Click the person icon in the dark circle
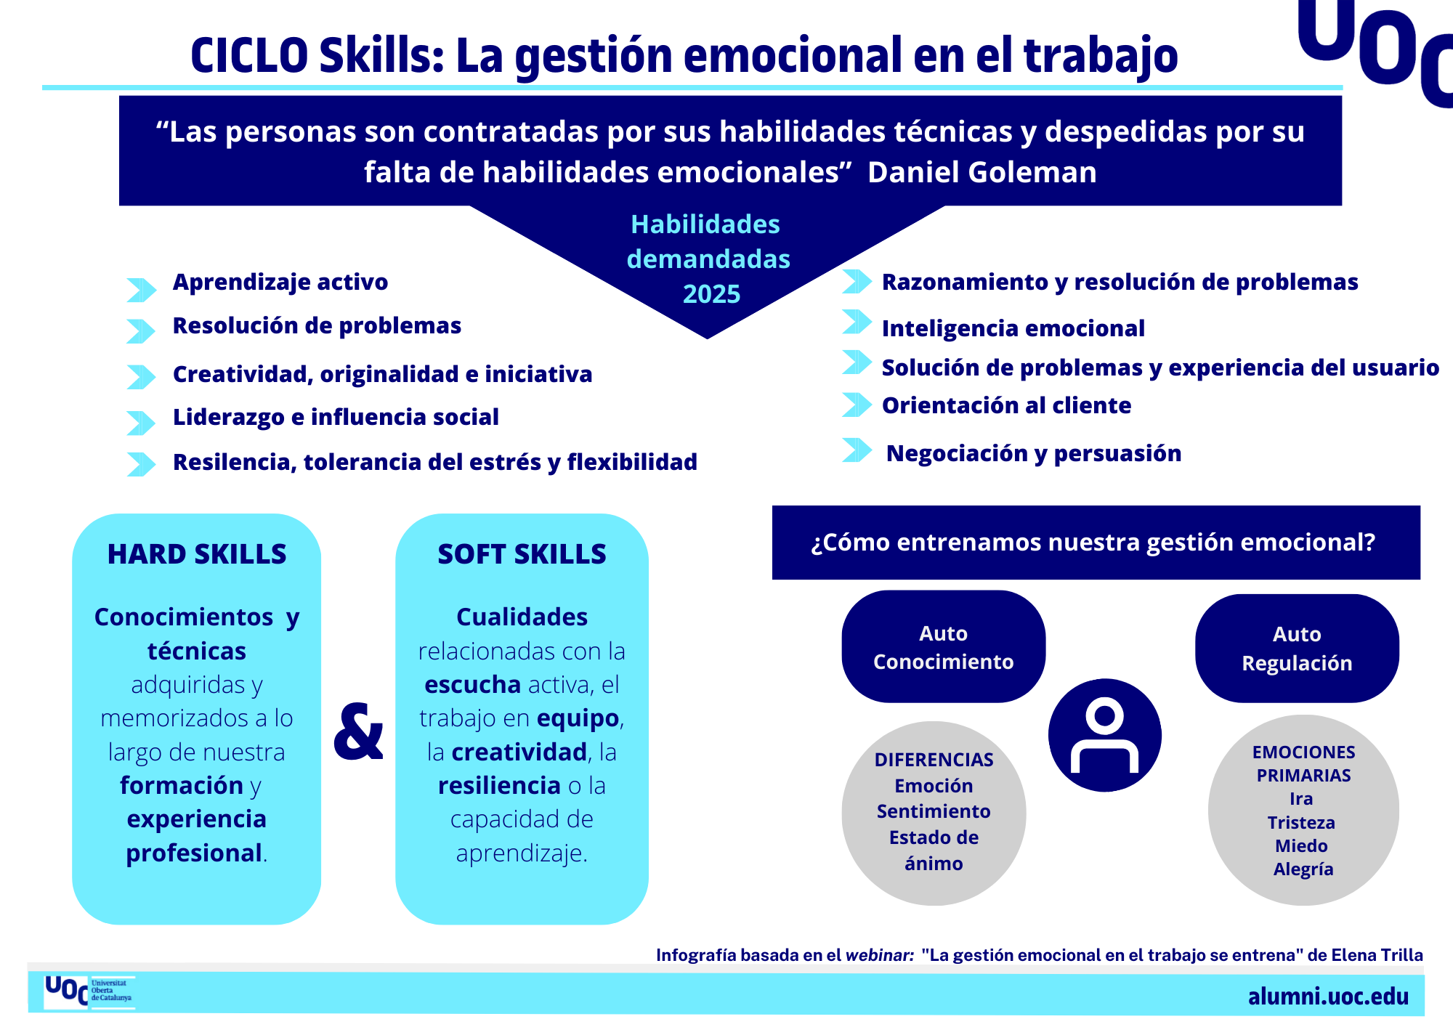point(1104,734)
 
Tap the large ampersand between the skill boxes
point(358,731)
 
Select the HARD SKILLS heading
point(197,554)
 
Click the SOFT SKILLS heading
point(522,554)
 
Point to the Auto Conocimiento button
point(943,646)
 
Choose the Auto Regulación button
point(1297,648)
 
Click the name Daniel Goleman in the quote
point(982,172)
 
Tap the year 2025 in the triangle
point(711,293)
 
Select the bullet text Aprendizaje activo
point(280,282)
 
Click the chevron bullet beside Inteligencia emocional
point(857,322)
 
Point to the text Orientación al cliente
point(1006,405)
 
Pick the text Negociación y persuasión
point(1034,453)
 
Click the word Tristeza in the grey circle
point(1301,822)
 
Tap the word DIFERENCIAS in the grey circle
point(934,760)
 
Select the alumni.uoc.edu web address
point(1328,996)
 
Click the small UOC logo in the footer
point(89,991)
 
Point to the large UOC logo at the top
point(1375,47)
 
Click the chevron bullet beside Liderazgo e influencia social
point(141,423)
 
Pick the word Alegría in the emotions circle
point(1303,869)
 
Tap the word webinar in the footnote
point(879,955)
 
